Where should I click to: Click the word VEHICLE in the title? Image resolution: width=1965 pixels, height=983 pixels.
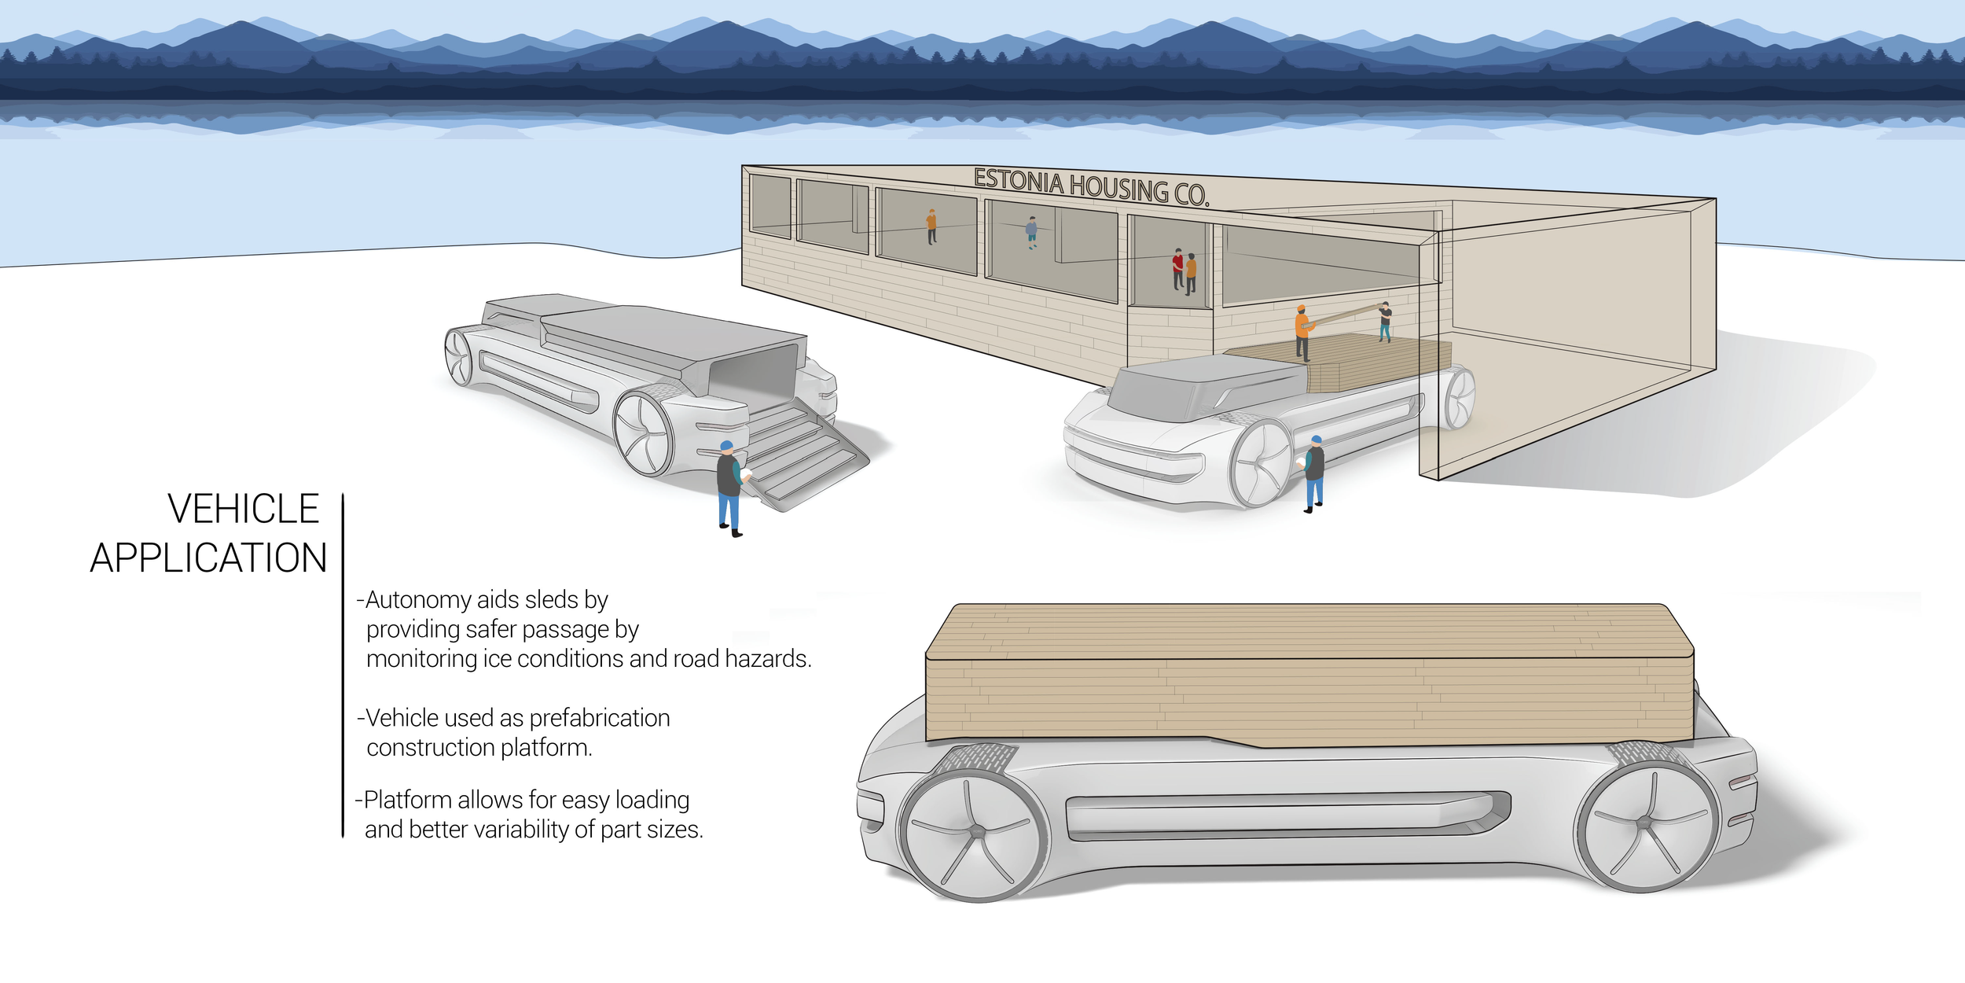pyautogui.click(x=243, y=509)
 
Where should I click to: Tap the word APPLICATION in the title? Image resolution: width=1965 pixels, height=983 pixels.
pyautogui.click(x=208, y=558)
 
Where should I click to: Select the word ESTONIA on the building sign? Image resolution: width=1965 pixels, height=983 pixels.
pyautogui.click(x=1018, y=182)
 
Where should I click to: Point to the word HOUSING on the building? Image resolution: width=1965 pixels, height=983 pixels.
pyautogui.click(x=1118, y=189)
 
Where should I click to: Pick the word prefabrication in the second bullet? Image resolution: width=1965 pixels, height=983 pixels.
pyautogui.click(x=599, y=718)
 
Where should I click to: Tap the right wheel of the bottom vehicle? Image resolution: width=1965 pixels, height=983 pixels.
pyautogui.click(x=1647, y=826)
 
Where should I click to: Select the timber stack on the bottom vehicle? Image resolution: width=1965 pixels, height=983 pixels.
pyautogui.click(x=1309, y=676)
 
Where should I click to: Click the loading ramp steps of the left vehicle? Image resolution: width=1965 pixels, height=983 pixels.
pyautogui.click(x=802, y=456)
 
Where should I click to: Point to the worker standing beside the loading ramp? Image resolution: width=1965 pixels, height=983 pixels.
pyautogui.click(x=729, y=488)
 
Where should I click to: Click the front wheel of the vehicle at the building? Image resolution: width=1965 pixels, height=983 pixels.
pyautogui.click(x=1262, y=464)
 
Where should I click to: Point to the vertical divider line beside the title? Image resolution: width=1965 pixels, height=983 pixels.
pyautogui.click(x=343, y=665)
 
